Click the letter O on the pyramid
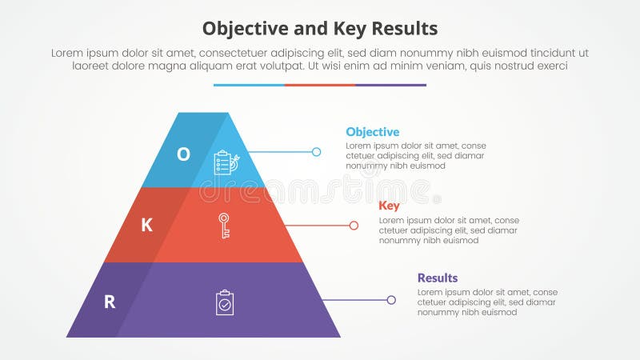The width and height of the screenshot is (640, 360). point(183,154)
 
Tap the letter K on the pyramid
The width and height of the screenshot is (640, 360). point(146,225)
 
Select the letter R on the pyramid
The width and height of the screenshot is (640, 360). point(110,302)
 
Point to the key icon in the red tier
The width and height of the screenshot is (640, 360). point(224,226)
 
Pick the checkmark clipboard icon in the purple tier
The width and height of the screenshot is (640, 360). point(225,302)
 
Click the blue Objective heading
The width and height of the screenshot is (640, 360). point(372,132)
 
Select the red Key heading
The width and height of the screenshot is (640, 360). point(389,206)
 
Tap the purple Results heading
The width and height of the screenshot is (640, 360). point(438,278)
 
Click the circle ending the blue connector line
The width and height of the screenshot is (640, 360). point(316,151)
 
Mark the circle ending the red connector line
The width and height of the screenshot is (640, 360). point(354,226)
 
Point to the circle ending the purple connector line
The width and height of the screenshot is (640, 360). point(391,300)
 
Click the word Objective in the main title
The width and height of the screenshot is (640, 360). point(239,29)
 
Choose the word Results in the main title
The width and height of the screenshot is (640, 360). point(405,29)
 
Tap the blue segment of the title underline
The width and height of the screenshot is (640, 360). point(249,85)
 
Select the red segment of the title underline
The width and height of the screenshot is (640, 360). point(319,85)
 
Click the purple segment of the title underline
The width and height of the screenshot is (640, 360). point(390,85)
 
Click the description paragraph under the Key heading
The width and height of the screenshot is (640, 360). point(448,230)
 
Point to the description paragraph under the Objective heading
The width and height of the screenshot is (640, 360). point(416,156)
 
